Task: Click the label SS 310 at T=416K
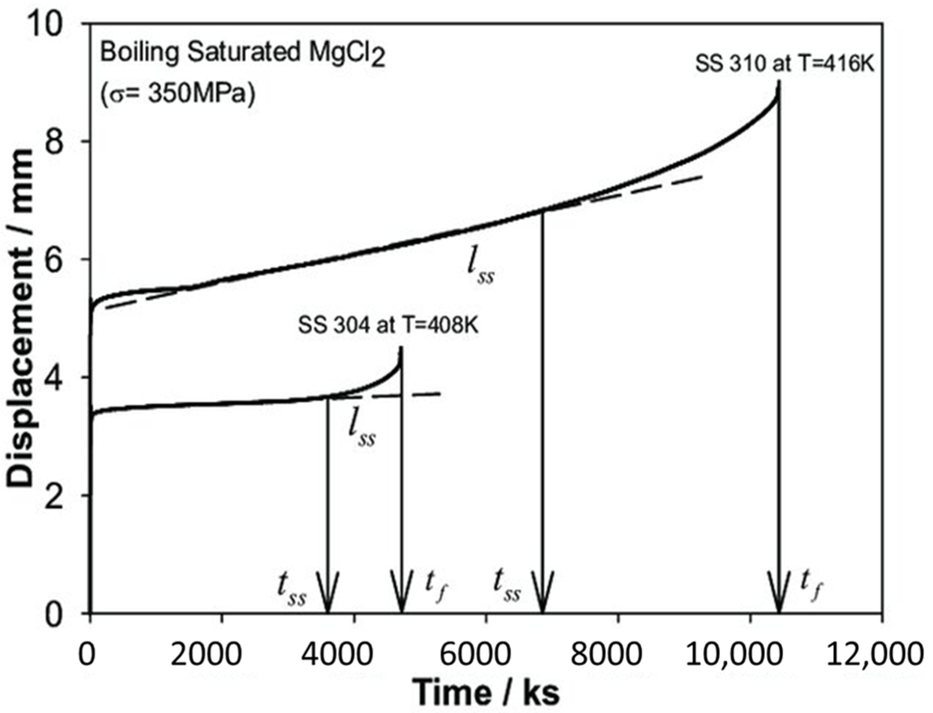tap(784, 64)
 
